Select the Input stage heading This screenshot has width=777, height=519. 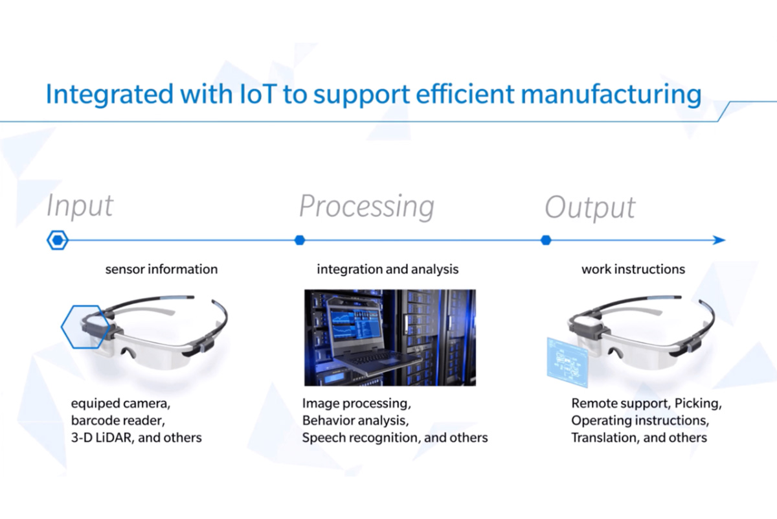(80, 206)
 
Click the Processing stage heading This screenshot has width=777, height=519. (366, 206)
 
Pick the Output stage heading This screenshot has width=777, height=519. (590, 207)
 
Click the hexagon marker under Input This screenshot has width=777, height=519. (58, 240)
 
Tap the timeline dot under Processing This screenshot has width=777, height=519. (299, 240)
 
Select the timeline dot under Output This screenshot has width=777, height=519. (546, 240)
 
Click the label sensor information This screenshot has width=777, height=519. (161, 269)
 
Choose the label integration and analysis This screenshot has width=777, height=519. (387, 269)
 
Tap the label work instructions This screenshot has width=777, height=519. (633, 269)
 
